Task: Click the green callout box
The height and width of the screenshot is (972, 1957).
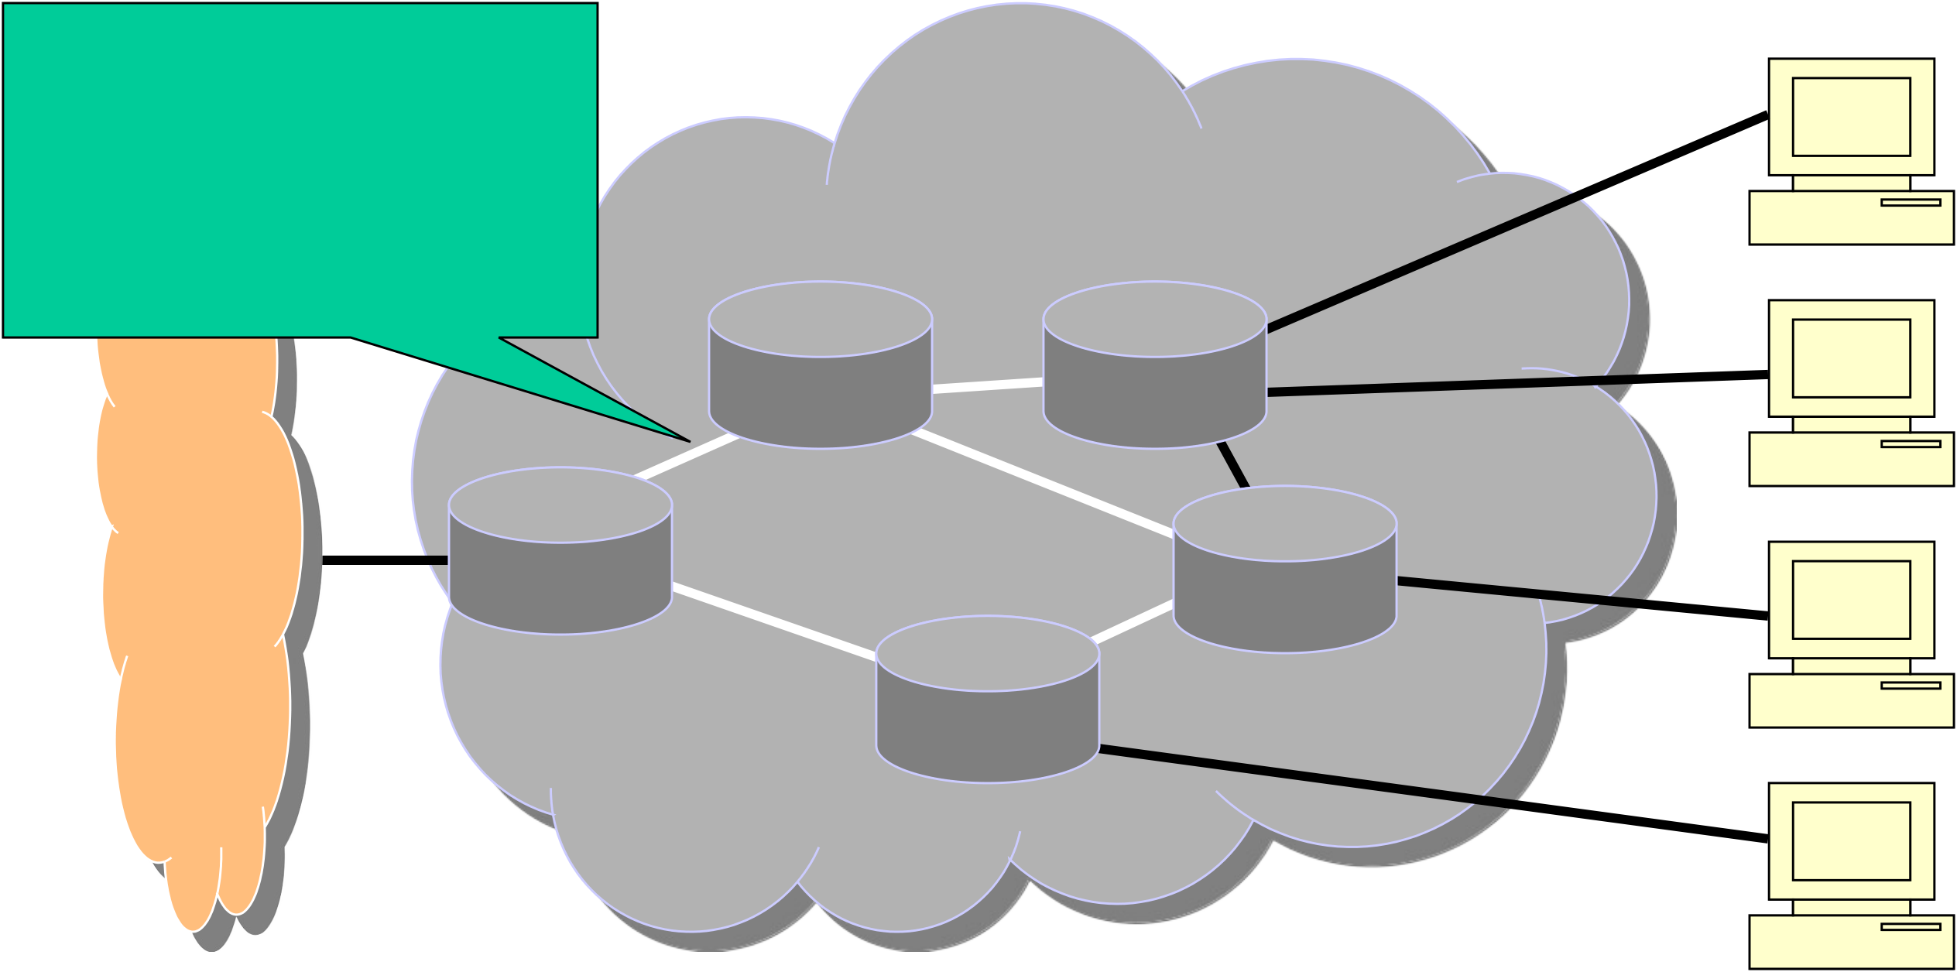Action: pos(300,170)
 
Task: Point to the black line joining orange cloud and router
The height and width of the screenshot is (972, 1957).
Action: pos(385,560)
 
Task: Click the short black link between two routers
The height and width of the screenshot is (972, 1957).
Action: pos(1233,465)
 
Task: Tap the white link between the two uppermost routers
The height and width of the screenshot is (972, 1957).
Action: pos(988,385)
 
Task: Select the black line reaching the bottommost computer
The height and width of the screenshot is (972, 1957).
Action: pos(1432,794)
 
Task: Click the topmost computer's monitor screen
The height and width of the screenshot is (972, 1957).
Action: pos(1851,117)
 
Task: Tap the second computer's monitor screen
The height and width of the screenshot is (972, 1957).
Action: pos(1851,358)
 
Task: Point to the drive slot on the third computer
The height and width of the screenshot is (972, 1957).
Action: pos(1911,686)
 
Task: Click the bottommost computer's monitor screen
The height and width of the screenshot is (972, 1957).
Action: pos(1851,841)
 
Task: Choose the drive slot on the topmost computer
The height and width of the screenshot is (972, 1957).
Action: pos(1911,203)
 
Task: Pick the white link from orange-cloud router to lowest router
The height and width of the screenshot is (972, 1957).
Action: pos(774,621)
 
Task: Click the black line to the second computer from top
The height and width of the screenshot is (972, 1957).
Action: pos(1517,384)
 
